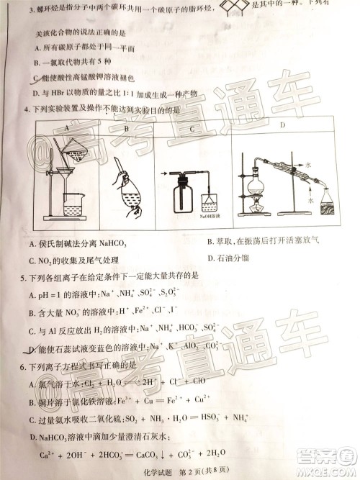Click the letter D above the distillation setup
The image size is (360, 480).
point(281,127)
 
